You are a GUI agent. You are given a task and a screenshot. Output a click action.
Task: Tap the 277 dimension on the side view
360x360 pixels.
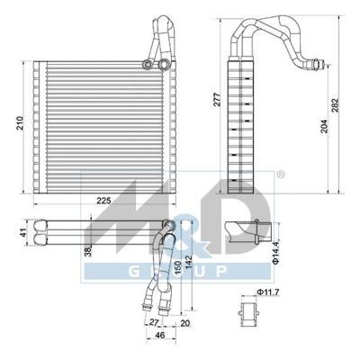click(x=217, y=100)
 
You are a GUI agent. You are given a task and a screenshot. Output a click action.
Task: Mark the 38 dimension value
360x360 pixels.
click(x=88, y=253)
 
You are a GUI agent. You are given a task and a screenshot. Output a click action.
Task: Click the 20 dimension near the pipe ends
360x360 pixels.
click(x=184, y=323)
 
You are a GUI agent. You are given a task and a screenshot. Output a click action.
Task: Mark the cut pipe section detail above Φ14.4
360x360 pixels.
click(x=240, y=229)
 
